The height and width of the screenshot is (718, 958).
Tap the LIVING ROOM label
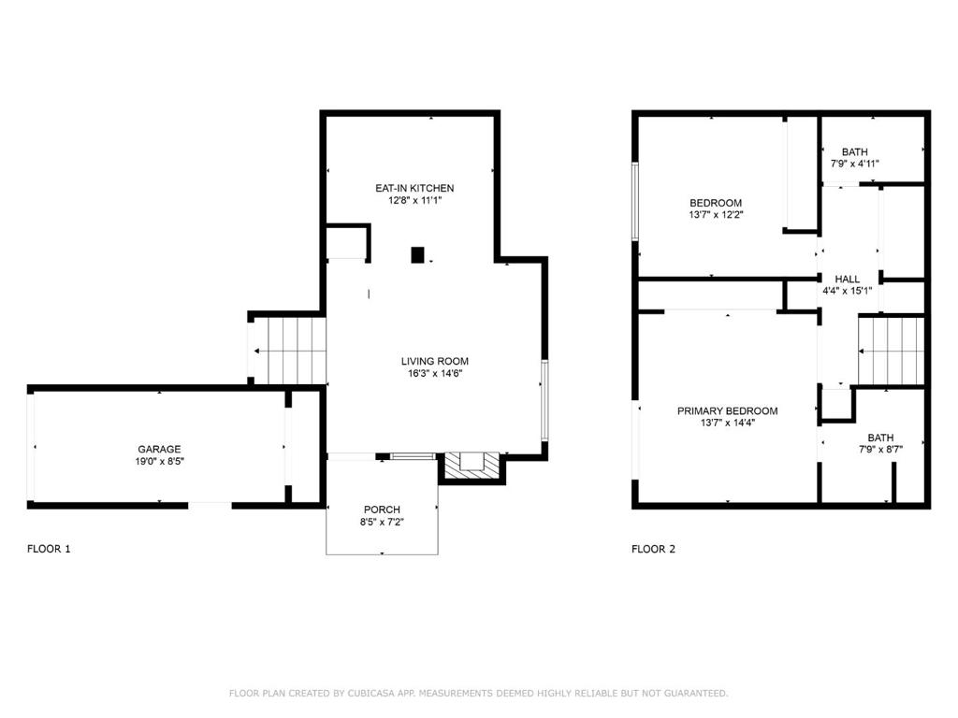[434, 361]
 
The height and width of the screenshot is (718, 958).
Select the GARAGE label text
[159, 449]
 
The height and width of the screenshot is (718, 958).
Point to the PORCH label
[382, 510]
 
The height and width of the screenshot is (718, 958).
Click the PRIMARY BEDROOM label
[727, 410]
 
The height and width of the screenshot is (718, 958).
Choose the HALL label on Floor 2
[848, 279]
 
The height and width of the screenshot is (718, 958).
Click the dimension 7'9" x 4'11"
[854, 164]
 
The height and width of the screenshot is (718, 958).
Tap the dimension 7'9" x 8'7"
[879, 450]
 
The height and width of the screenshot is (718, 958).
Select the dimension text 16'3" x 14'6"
[434, 373]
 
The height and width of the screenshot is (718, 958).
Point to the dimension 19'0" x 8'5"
[159, 461]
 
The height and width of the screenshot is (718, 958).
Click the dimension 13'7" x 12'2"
[716, 214]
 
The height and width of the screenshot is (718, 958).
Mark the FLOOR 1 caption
[49, 549]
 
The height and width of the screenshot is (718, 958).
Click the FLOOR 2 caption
[653, 549]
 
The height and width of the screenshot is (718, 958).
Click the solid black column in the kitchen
[418, 254]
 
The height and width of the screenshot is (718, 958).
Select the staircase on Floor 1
[289, 351]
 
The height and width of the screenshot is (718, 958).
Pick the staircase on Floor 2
[891, 351]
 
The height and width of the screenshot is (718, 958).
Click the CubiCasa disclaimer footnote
[478, 693]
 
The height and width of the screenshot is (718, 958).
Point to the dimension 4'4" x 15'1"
[848, 291]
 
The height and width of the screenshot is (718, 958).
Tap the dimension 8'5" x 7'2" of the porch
[382, 522]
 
